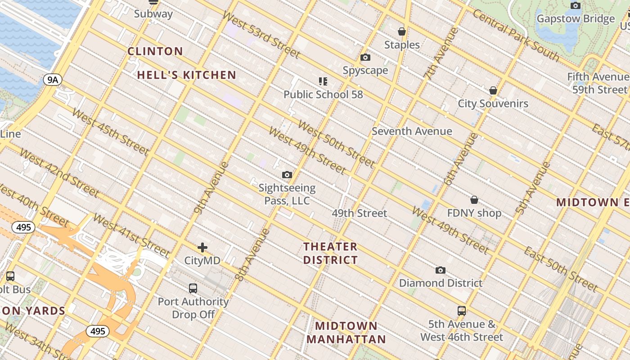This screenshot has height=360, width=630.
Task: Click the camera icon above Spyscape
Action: tap(365, 58)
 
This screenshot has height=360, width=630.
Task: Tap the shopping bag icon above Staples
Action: tap(402, 31)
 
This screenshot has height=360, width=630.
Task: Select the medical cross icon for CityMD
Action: tap(202, 247)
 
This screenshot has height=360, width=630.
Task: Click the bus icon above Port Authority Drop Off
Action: tap(193, 288)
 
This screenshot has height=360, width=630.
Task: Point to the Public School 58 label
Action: tap(323, 94)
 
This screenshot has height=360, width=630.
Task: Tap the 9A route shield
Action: tap(53, 80)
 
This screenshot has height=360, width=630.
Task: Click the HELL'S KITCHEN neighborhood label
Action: tap(186, 75)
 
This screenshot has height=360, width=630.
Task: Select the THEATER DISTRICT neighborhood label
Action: tap(330, 253)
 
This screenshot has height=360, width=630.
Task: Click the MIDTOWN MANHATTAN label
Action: tap(346, 333)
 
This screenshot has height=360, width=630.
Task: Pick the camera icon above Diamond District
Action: tap(441, 270)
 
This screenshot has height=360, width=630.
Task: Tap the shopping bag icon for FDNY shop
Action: tap(474, 200)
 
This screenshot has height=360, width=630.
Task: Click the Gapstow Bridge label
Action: tap(576, 19)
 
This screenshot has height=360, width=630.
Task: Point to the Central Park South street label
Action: tap(516, 36)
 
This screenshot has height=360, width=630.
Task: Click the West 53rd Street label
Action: tap(261, 35)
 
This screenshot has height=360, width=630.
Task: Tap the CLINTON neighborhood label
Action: tap(155, 51)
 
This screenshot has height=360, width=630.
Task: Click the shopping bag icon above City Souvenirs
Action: tap(493, 90)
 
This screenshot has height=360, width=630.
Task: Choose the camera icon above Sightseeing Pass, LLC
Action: tap(287, 175)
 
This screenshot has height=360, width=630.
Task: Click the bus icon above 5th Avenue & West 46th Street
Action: tap(462, 310)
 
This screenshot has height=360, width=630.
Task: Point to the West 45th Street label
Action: tap(110, 131)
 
